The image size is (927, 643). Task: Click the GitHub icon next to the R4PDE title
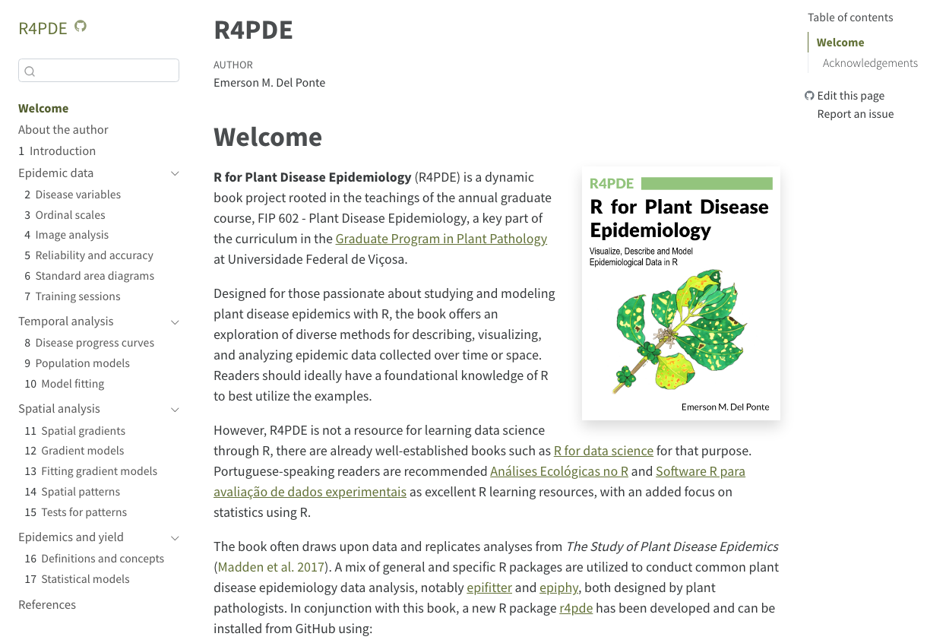(x=81, y=27)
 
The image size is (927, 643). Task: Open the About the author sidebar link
(x=63, y=130)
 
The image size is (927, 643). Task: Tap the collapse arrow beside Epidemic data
(x=175, y=173)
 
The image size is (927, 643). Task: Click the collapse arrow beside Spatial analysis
(x=175, y=410)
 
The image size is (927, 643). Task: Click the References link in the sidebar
(x=47, y=605)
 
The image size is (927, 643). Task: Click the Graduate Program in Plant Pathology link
(x=441, y=239)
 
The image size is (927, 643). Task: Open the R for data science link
(x=603, y=451)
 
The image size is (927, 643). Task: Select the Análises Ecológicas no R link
(x=559, y=471)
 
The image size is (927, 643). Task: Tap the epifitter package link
(x=489, y=588)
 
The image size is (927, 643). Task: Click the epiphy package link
(x=558, y=588)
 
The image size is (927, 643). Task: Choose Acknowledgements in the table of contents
(x=870, y=63)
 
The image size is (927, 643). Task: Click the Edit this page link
(x=850, y=96)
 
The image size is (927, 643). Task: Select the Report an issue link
(x=855, y=114)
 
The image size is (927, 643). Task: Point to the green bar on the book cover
(x=707, y=183)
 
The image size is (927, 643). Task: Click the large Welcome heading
(x=267, y=137)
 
